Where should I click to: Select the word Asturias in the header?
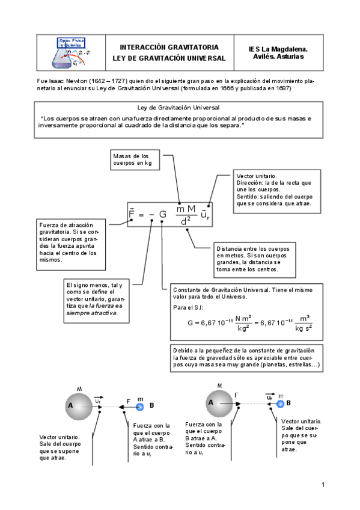coord(291,57)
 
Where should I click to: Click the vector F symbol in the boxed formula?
coord(132,213)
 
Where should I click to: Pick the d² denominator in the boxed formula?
coord(185,220)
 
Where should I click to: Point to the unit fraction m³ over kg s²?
coord(304,323)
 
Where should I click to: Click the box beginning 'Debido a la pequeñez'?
coord(246,357)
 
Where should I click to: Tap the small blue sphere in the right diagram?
coord(280,403)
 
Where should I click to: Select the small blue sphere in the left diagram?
coord(139,407)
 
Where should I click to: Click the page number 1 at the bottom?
coord(323,484)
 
